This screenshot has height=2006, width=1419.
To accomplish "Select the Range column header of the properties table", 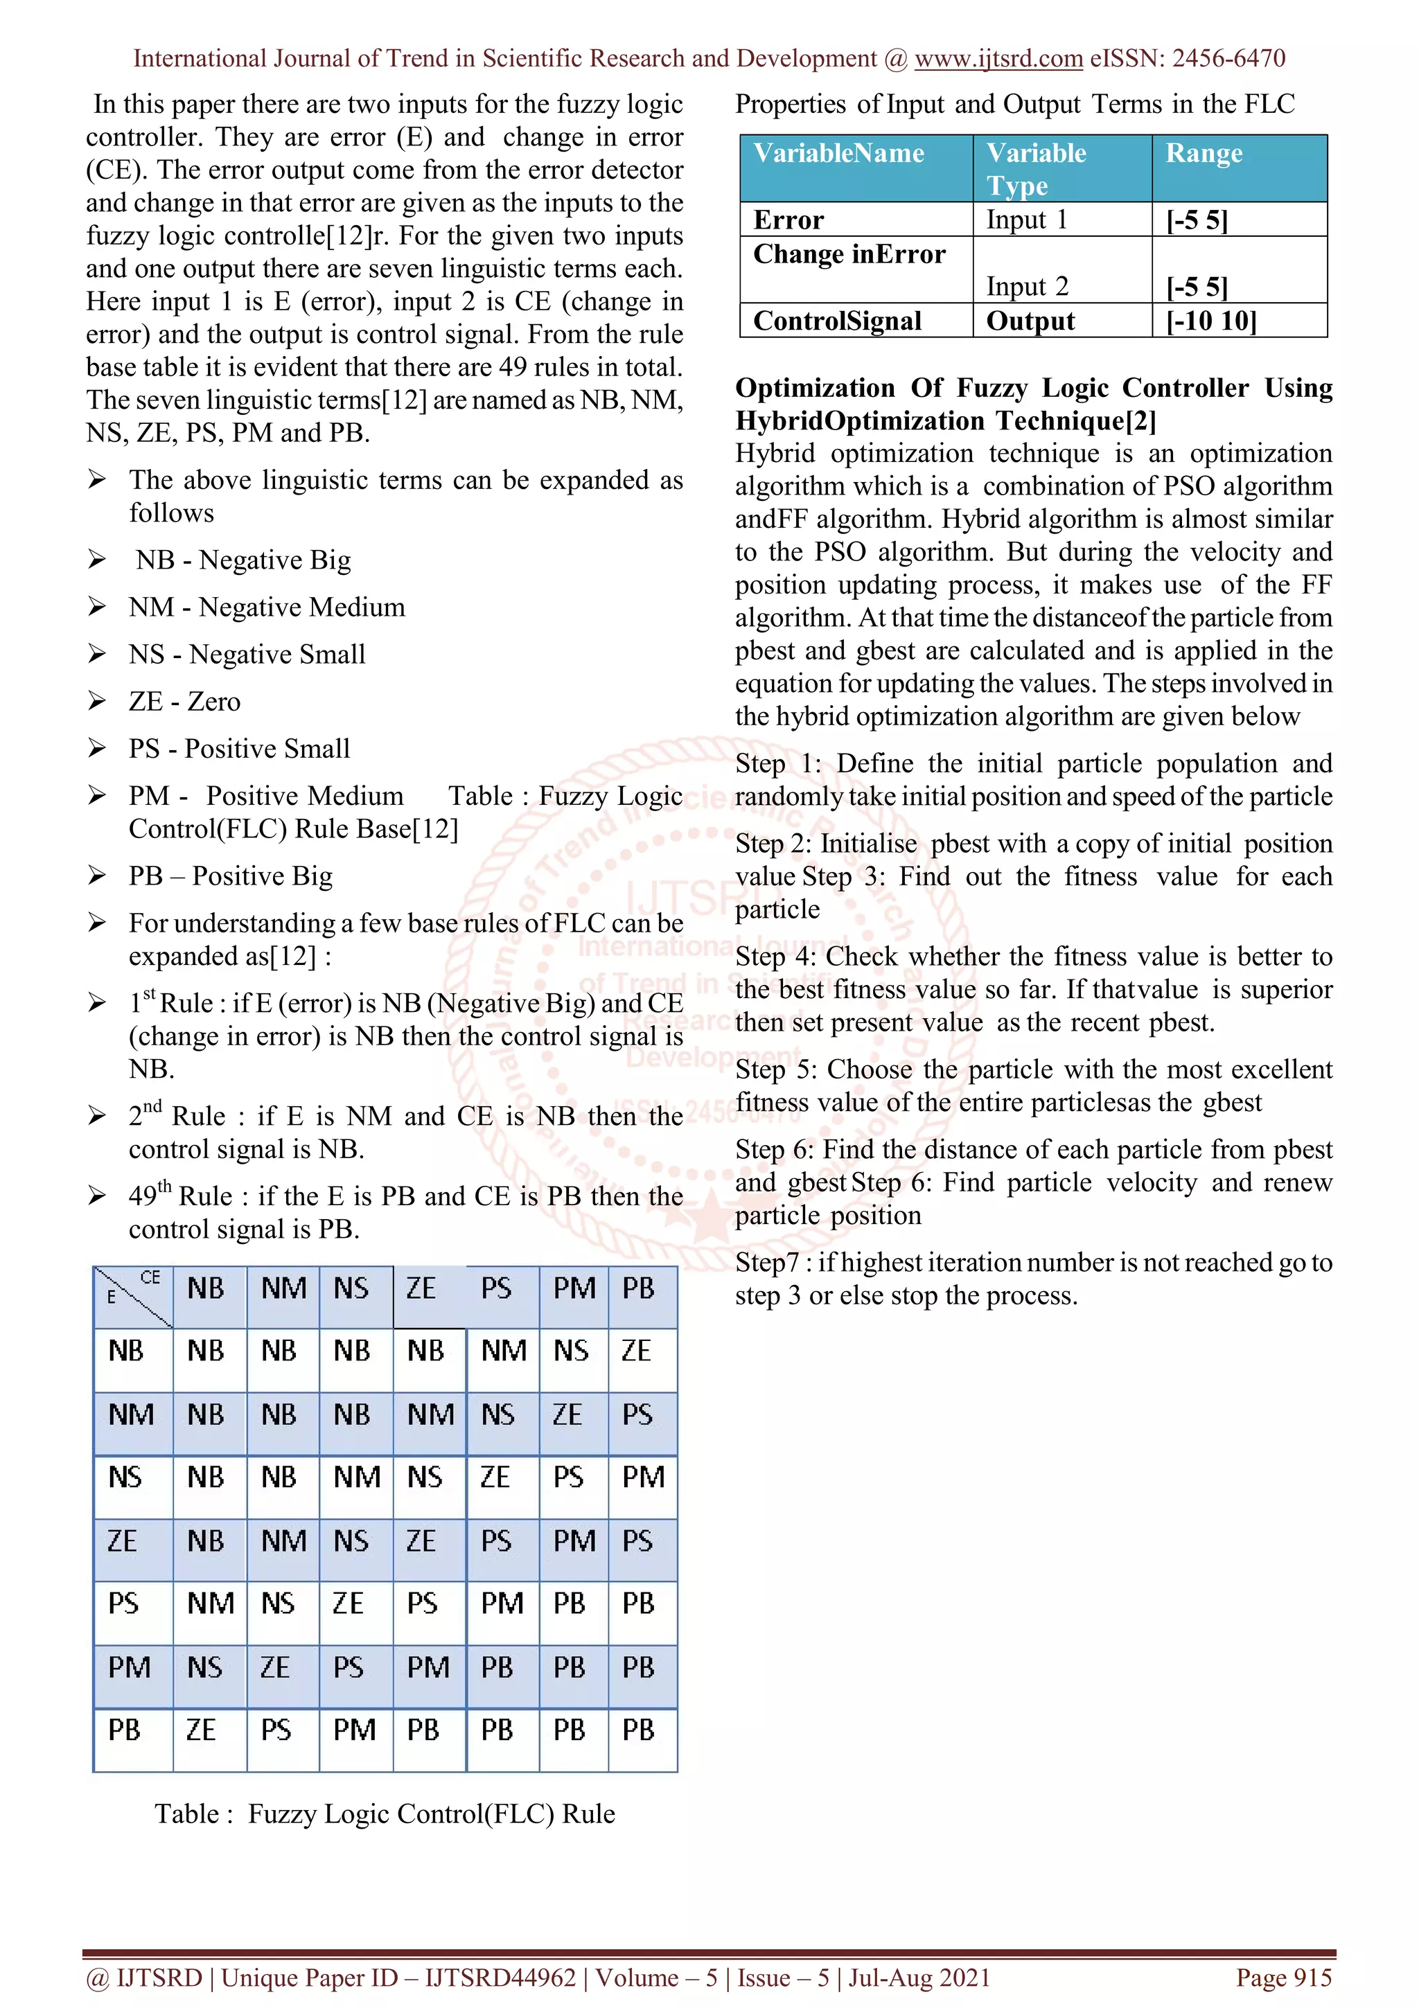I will click(1204, 154).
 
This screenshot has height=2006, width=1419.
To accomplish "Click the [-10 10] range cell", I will click(1211, 321).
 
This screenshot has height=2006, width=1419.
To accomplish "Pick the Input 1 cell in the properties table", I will click(1027, 220).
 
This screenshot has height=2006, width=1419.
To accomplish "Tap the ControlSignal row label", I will click(837, 321).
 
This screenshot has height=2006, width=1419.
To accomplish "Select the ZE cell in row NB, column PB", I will click(636, 1351).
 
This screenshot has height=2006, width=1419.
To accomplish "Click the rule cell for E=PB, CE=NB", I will click(201, 1730).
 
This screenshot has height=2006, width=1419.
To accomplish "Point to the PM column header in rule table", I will click(574, 1288).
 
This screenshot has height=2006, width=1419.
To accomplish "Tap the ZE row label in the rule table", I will click(123, 1541).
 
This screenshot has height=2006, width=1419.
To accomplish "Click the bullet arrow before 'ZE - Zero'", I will click(97, 701).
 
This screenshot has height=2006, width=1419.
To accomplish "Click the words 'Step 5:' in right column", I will click(776, 1070).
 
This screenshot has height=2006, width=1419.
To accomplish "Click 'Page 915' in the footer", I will click(1283, 1977).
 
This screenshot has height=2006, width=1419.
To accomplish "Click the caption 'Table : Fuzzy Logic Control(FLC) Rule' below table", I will click(385, 1814).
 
